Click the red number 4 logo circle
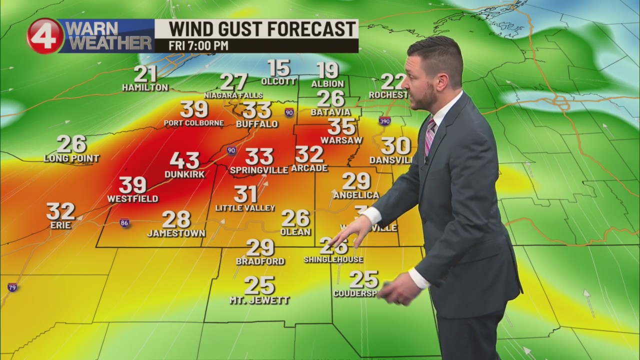45,36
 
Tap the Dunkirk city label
184,174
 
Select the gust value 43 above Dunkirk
184,160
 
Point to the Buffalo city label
256,124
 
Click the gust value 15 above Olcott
278,68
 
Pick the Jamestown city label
176,233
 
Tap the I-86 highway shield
124,223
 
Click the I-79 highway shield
12,287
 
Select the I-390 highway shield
384,121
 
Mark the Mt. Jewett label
259,300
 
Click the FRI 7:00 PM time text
198,45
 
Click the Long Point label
71,158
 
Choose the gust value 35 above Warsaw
341,126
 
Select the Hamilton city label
145,87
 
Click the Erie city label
60,225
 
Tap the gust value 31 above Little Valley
245,194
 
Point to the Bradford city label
260,261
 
